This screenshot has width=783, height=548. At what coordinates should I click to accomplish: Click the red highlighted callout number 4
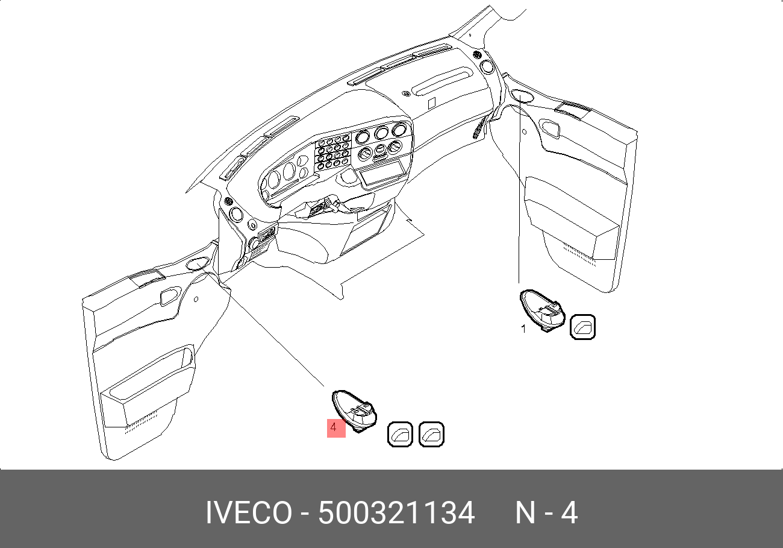(x=336, y=428)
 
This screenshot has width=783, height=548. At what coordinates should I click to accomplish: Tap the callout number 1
(x=523, y=329)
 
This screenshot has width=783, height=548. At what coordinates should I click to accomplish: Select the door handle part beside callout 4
(x=354, y=411)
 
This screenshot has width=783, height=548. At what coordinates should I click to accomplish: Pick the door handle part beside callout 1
(x=543, y=310)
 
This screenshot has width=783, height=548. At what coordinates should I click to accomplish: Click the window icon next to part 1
(x=582, y=327)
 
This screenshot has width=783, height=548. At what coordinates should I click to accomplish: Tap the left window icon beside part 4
(x=401, y=434)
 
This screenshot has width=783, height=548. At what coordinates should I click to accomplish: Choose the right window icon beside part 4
(x=431, y=434)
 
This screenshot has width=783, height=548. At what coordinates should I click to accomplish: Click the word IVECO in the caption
(x=249, y=513)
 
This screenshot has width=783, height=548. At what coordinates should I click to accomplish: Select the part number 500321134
(x=396, y=513)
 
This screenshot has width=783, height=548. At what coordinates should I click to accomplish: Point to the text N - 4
(x=547, y=513)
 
